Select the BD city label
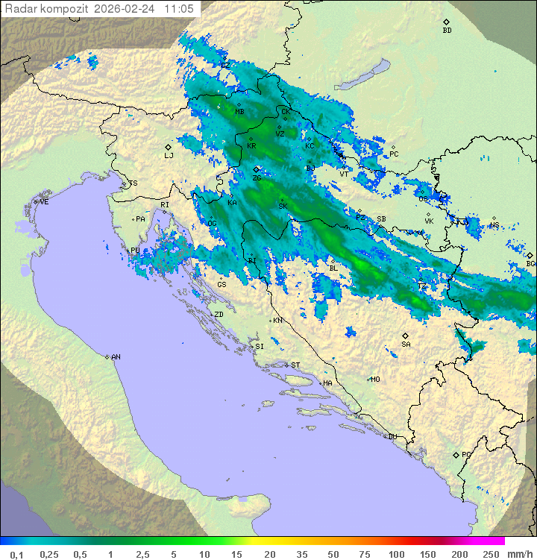447,31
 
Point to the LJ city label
169,156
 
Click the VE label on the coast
44,202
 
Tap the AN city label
116,357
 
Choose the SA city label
406,345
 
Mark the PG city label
466,454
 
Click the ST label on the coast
295,365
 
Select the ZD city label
219,315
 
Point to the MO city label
375,379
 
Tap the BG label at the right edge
530,263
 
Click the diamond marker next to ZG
257,169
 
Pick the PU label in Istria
135,251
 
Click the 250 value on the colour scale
491,554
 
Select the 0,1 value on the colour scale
16,554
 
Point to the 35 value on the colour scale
301,554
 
